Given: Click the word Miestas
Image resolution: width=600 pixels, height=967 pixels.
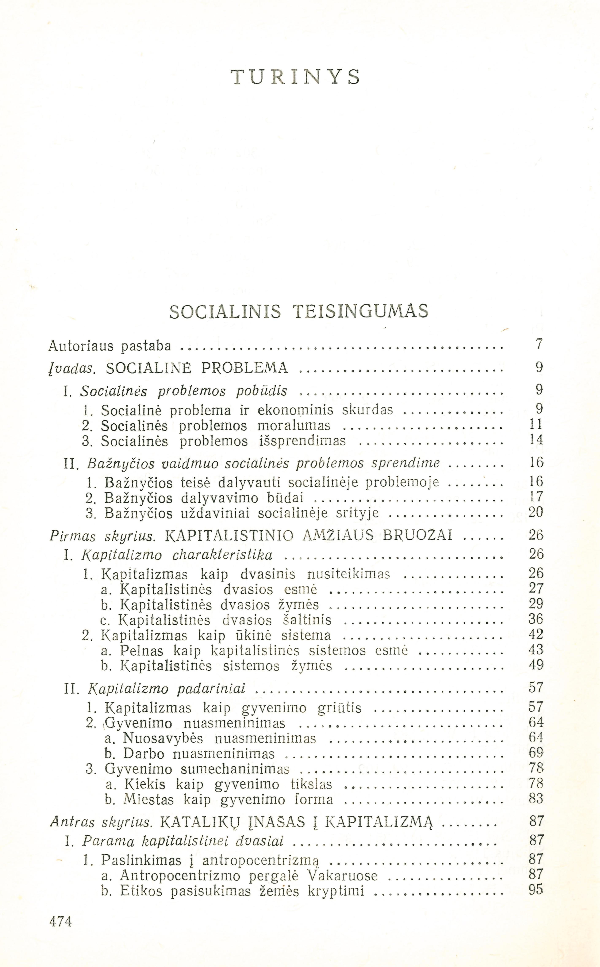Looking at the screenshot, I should click(149, 799).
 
